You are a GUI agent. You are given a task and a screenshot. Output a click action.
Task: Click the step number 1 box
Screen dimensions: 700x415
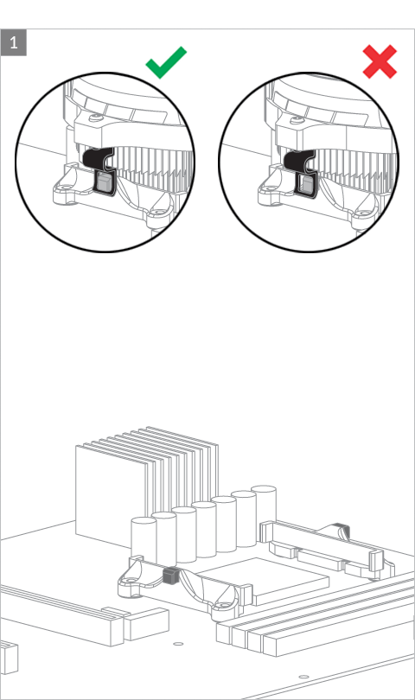(x=14, y=41)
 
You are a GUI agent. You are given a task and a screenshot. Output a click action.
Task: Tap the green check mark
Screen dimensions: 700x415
(x=166, y=62)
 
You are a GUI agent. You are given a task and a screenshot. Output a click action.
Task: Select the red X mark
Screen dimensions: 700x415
(x=379, y=61)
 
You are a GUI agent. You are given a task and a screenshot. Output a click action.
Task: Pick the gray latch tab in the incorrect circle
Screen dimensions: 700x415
(x=305, y=183)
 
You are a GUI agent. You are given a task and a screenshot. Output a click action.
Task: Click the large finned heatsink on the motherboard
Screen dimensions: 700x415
(x=143, y=484)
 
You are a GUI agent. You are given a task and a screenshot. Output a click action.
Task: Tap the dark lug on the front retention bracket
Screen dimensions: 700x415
(x=169, y=576)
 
